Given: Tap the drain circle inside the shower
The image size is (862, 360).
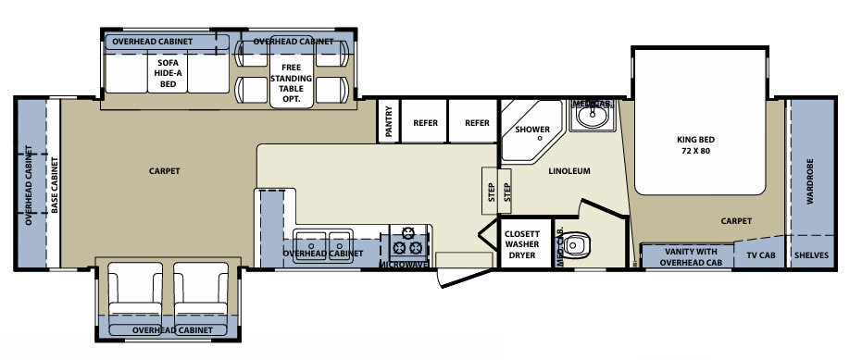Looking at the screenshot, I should [x=540, y=138].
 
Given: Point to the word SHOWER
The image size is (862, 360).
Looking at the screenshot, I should [x=532, y=129].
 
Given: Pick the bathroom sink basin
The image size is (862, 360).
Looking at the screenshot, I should [x=592, y=118].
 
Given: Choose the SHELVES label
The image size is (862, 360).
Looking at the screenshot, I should [x=811, y=256].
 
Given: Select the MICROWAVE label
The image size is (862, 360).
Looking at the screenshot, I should [x=405, y=265].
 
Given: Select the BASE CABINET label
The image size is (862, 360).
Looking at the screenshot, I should [x=55, y=186].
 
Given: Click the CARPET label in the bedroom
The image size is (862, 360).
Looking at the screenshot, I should [x=737, y=221].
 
